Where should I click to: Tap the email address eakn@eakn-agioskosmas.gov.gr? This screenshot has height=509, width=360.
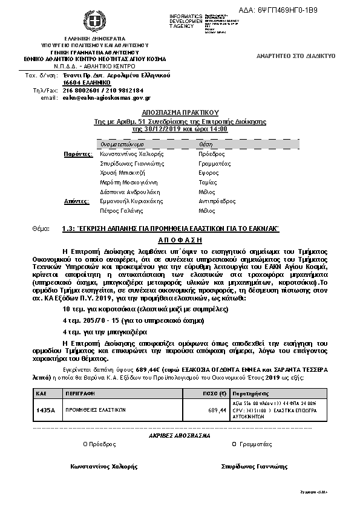[x=106, y=97]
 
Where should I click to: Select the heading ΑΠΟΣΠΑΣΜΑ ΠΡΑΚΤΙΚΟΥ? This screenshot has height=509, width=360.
[x=180, y=113]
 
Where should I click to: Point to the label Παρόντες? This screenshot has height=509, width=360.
[x=77, y=154]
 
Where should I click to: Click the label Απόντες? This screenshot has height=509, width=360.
[x=77, y=201]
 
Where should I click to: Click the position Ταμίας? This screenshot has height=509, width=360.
[x=208, y=182]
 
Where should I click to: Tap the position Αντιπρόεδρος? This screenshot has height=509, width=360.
[x=215, y=201]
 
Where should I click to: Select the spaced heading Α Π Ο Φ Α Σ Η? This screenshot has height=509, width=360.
[x=180, y=239]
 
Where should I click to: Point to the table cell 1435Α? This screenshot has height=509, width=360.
[x=45, y=410]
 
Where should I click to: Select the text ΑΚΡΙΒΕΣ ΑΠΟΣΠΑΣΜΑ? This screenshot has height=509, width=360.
[x=180, y=435]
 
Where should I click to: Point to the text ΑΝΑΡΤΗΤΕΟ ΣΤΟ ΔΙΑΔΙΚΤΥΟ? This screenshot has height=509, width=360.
[x=296, y=56]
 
